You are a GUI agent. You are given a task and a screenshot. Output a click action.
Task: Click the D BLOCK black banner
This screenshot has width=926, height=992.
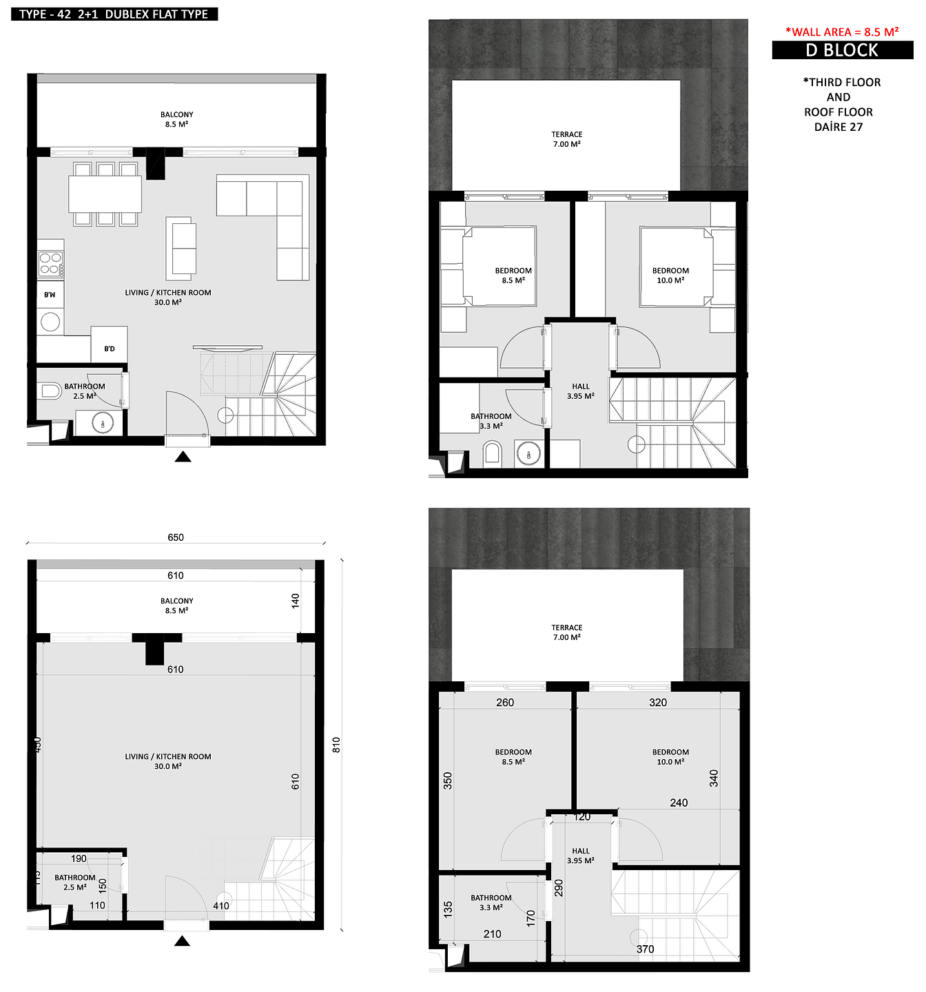click(x=842, y=50)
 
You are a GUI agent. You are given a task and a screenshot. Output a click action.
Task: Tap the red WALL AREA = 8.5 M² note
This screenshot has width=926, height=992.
click(x=842, y=32)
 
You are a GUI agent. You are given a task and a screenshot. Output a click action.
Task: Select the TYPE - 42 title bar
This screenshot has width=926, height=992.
click(x=114, y=14)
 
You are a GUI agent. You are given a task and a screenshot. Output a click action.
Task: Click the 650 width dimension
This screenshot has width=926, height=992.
click(x=176, y=537)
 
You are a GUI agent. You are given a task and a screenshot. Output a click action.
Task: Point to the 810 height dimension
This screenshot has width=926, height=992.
click(x=336, y=745)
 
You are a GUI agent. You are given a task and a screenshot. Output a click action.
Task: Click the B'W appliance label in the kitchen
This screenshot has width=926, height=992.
click(x=50, y=295)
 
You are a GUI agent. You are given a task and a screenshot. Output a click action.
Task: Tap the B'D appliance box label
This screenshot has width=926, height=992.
click(x=110, y=349)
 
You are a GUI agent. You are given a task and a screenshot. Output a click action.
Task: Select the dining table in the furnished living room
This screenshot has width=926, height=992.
click(x=105, y=194)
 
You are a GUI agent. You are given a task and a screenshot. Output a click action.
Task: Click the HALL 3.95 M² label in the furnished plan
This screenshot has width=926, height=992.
click(x=581, y=391)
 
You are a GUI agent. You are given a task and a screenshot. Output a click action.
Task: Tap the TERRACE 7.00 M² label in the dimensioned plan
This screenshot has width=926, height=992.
click(x=567, y=632)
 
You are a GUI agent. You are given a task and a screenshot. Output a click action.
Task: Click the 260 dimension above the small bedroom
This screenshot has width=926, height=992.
click(x=505, y=702)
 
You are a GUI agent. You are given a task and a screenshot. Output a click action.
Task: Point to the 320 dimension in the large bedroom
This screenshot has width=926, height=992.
click(x=658, y=702)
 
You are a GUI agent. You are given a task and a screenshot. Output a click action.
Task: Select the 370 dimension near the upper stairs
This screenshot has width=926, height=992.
click(x=645, y=949)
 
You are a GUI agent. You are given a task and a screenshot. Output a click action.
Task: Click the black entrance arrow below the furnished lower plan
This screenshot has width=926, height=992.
click(x=183, y=457)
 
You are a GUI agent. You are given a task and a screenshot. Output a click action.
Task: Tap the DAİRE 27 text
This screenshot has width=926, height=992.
click(x=838, y=127)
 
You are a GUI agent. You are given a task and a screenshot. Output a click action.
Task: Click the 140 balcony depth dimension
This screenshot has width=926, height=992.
click(x=296, y=600)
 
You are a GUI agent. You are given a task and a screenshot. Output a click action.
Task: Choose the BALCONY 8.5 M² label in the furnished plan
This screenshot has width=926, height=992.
click(x=177, y=119)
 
